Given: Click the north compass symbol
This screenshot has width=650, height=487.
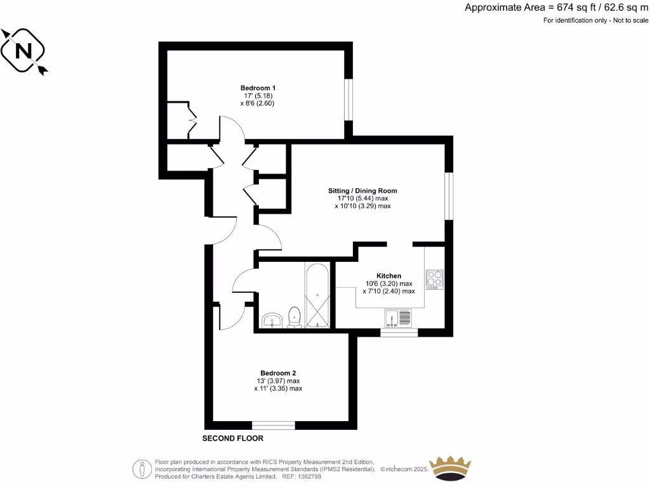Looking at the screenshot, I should pyautogui.click(x=24, y=51).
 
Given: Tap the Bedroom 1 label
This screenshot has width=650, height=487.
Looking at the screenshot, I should pyautogui.click(x=258, y=88).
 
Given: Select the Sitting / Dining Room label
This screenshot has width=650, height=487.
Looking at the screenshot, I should pyautogui.click(x=362, y=190).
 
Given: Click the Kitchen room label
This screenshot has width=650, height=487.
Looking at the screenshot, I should pyautogui.click(x=388, y=276).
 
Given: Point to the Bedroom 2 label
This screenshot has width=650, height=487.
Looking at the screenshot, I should pyautogui.click(x=278, y=373).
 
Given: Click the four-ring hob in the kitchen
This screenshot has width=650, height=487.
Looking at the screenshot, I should pyautogui.click(x=435, y=279).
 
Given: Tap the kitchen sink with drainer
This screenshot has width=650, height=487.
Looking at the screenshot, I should pyautogui.click(x=397, y=318).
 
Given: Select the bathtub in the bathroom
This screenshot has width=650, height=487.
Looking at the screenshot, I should pyautogui.click(x=316, y=295).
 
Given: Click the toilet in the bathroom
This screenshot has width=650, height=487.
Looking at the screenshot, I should pyautogui.click(x=295, y=317).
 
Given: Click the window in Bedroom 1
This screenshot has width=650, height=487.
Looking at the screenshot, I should pyautogui.click(x=348, y=99).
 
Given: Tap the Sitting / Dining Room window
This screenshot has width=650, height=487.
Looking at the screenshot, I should pyautogui.click(x=448, y=195).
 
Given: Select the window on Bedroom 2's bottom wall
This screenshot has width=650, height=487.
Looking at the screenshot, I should pyautogui.click(x=273, y=425).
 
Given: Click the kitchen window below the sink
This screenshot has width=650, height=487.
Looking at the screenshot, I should pyautogui.click(x=399, y=332).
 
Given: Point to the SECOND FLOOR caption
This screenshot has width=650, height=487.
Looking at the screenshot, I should pyautogui.click(x=232, y=438).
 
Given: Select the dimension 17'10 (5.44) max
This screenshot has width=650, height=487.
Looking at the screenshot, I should pyautogui.click(x=362, y=198).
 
